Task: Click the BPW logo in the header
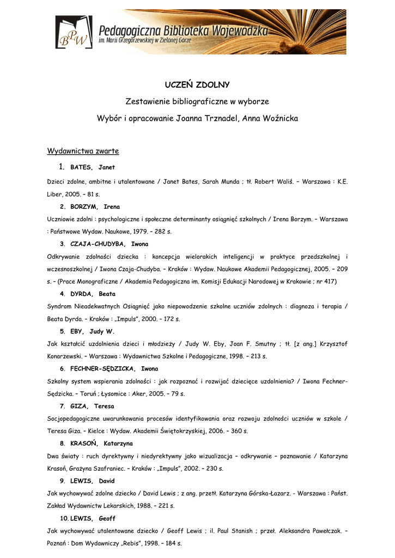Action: click(74, 33)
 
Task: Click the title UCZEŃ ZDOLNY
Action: click(197, 84)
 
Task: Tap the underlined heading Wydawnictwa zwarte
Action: click(83, 150)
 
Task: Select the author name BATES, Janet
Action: click(93, 167)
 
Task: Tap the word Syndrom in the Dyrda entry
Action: click(59, 306)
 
